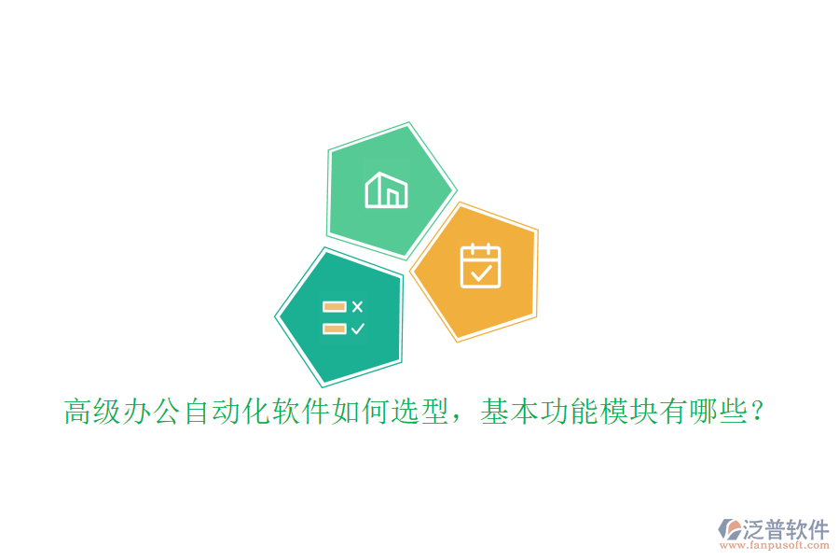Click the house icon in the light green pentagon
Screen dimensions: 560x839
point(386,189)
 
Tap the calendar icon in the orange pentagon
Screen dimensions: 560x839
point(481,265)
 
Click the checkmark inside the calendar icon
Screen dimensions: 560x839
point(481,273)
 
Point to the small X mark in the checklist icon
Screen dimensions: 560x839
point(358,306)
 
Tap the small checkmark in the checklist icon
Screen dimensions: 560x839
point(358,329)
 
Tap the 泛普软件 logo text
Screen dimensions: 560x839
point(786,530)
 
